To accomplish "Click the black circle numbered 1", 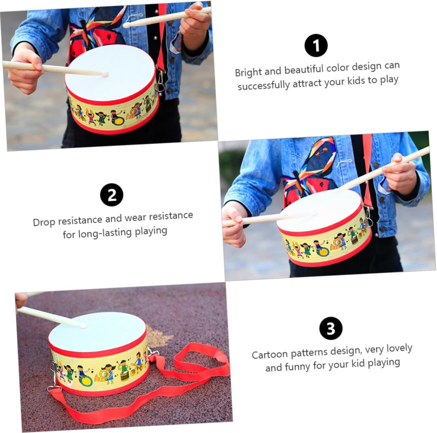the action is coord(316,45).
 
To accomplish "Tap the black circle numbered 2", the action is coord(112,195).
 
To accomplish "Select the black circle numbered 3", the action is coord(331,328).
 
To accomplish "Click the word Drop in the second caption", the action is coord(44,222).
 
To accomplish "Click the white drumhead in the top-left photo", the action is coord(110,73).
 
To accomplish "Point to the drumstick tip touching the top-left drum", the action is coord(105,74).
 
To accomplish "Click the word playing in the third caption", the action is coord(384,363).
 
